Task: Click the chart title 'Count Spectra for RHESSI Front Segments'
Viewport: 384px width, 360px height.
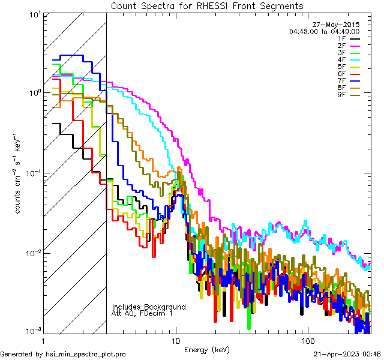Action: [207, 5]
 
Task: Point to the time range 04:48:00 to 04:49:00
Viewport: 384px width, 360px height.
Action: [325, 31]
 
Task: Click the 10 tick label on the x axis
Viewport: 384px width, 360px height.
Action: [176, 340]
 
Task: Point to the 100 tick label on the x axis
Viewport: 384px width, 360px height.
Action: [308, 340]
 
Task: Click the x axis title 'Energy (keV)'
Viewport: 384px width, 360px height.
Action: [207, 349]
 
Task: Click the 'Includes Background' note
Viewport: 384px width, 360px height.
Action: [149, 307]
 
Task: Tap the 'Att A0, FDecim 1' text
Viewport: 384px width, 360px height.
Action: [142, 313]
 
